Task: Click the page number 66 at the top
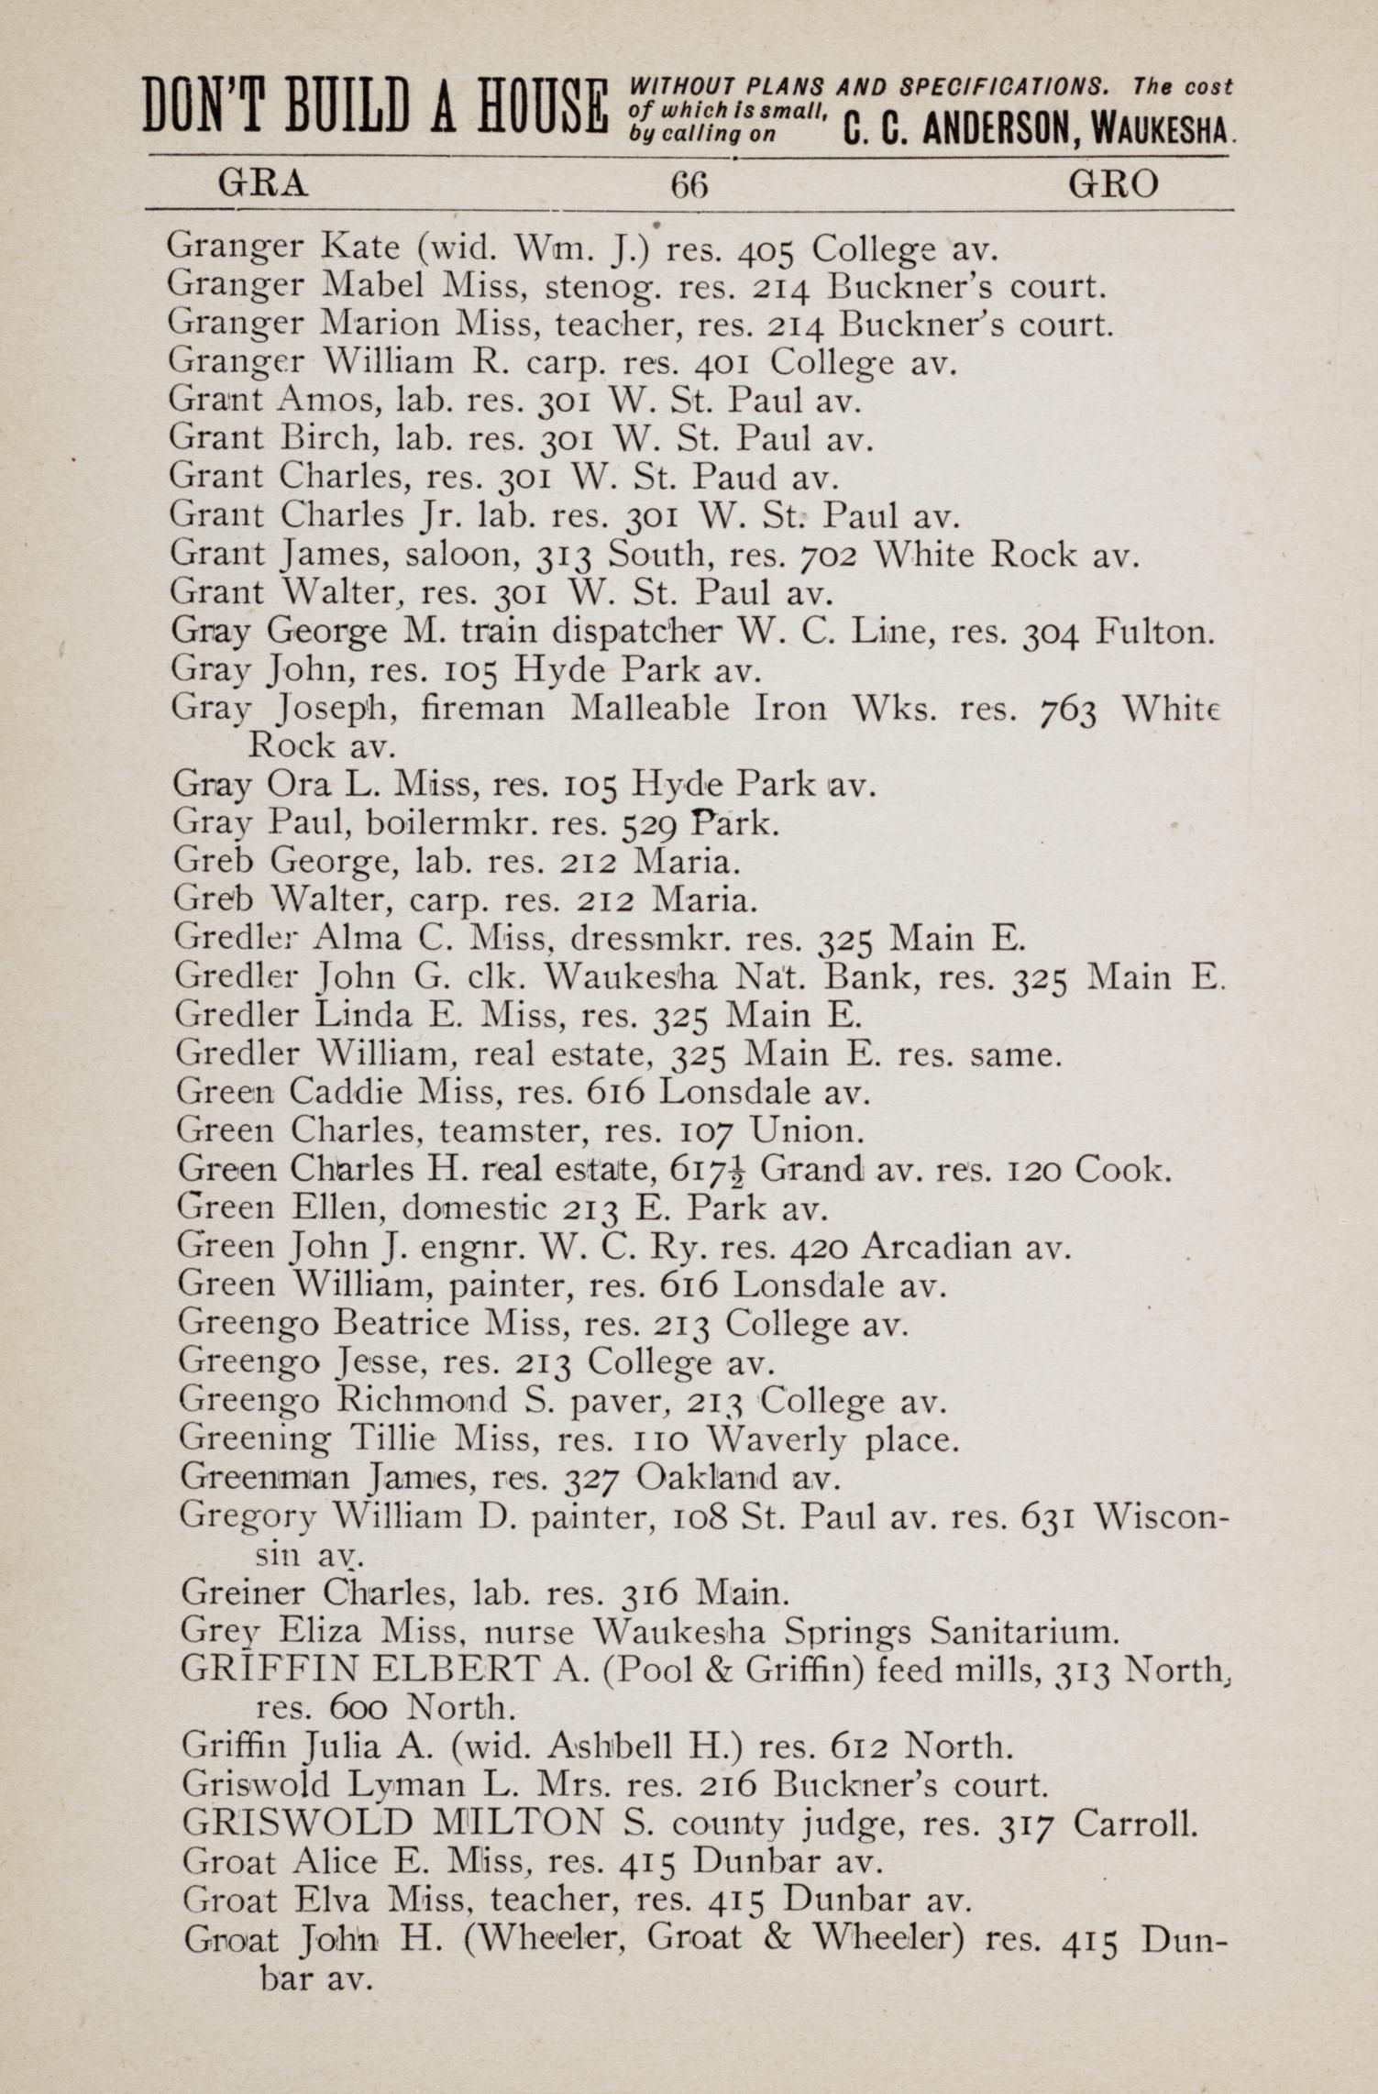coord(689,186)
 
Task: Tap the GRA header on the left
coord(262,185)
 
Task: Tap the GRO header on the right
coord(1113,185)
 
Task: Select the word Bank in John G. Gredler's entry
coord(872,977)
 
